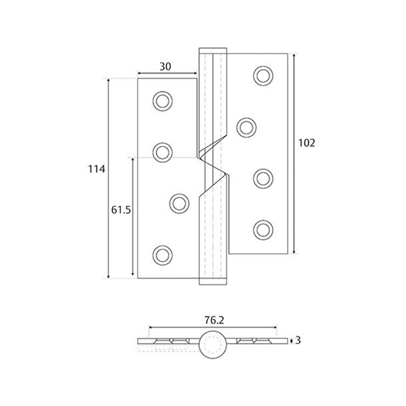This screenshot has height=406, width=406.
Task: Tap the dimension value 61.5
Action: coord(121,210)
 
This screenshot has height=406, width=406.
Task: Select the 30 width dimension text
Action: coord(165,67)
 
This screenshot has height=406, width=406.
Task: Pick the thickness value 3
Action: coord(298,340)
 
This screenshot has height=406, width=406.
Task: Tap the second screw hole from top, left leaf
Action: coord(163,152)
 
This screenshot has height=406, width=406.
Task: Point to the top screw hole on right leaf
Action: coord(264,75)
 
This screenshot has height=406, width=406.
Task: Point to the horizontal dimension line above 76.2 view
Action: coord(213,327)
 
